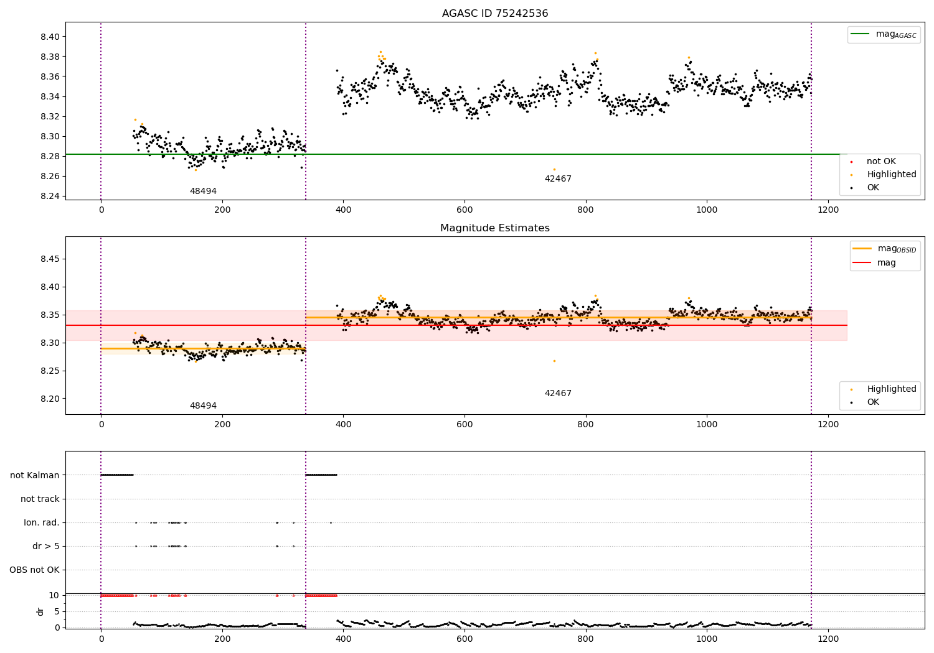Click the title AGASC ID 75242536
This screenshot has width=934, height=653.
coord(495,14)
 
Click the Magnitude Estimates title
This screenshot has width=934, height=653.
coord(495,228)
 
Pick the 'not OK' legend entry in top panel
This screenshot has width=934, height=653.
coord(881,162)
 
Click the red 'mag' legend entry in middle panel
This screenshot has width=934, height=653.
coord(886,263)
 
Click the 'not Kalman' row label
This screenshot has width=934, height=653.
coord(35,475)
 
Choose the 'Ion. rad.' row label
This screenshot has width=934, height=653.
coord(42,522)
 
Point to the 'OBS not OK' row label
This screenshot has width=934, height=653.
coord(35,570)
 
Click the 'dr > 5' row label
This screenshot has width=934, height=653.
coord(46,546)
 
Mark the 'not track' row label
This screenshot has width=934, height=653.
coord(40,499)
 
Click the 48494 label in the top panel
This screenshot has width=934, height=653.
coord(203,192)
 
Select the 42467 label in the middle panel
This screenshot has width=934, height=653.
coord(558,394)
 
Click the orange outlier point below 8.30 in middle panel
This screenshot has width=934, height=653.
coord(554,361)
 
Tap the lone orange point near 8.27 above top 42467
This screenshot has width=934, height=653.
coord(554,169)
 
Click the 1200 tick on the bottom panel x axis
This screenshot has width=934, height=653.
coord(828,637)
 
